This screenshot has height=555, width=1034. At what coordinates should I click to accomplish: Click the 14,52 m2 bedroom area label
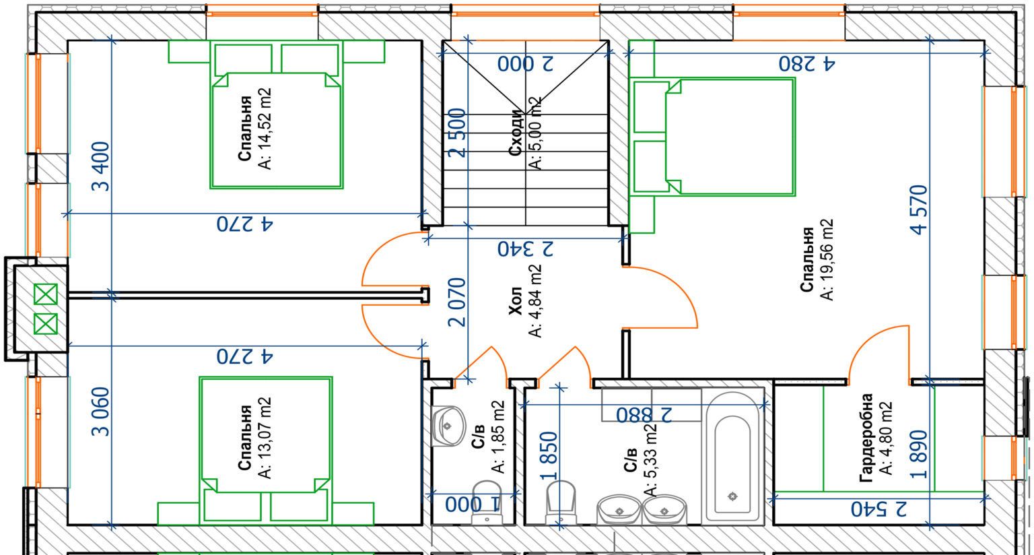(265, 129)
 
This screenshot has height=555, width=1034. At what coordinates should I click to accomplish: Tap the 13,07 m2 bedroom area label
(265, 438)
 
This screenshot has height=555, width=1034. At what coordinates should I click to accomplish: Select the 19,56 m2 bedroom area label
(827, 259)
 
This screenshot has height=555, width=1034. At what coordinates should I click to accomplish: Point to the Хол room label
(516, 301)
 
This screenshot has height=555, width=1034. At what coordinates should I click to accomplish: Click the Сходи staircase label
(516, 133)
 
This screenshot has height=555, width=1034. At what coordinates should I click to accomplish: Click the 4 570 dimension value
(919, 209)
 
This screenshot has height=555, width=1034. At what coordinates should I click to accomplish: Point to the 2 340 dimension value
(525, 249)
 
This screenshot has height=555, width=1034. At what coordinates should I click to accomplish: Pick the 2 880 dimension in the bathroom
(644, 415)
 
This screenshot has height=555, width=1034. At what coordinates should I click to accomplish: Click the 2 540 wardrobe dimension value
(879, 509)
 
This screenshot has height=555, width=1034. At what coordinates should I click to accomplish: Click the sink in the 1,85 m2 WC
(447, 426)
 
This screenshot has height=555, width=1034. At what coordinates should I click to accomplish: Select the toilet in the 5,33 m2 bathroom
(561, 502)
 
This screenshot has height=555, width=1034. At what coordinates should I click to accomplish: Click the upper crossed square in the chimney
(46, 294)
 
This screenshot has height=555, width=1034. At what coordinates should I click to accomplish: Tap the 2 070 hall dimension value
(458, 302)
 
